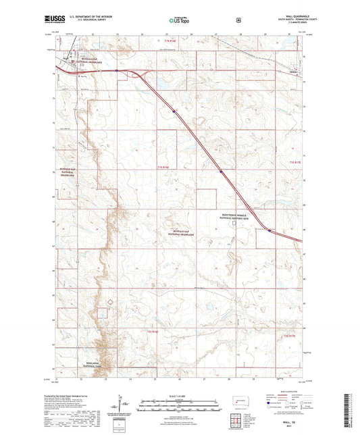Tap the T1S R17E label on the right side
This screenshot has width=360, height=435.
(296, 163)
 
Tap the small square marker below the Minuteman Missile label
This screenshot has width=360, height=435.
(234, 225)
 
